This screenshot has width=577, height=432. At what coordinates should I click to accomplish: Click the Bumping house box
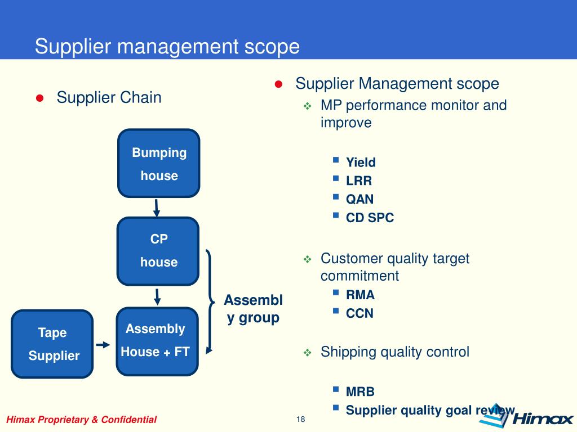(159, 164)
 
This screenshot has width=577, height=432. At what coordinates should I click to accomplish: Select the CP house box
(158, 251)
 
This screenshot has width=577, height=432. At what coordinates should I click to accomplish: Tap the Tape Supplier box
(52, 344)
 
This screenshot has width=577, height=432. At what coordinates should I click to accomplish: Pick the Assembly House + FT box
(157, 341)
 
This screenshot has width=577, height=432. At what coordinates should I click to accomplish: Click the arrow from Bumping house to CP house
(157, 207)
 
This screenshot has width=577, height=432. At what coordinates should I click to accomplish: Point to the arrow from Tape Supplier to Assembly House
(103, 344)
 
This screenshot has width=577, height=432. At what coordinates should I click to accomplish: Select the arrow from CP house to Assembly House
(158, 296)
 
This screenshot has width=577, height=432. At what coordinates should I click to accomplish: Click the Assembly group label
(253, 309)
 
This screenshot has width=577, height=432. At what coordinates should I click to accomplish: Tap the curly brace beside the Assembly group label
(211, 301)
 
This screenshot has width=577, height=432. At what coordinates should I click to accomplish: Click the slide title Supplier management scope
(167, 46)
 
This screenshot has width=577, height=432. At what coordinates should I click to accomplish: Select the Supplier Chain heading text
(109, 97)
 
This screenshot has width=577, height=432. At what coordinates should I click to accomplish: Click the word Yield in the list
(361, 163)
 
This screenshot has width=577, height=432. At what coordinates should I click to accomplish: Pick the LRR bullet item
(359, 181)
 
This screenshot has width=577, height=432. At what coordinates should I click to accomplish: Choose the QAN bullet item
(359, 199)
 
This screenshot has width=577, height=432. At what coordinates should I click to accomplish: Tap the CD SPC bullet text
(370, 218)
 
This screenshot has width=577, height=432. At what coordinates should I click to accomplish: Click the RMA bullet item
(360, 295)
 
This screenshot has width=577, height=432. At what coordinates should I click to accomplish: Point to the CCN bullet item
(359, 313)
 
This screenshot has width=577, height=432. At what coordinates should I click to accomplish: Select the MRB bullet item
(360, 391)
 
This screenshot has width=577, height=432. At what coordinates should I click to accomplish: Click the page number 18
(300, 420)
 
